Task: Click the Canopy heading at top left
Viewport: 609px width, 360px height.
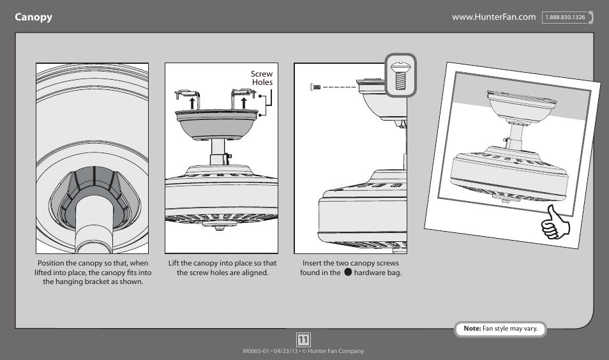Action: [x=34, y=17]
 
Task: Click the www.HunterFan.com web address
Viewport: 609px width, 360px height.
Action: [x=493, y=17]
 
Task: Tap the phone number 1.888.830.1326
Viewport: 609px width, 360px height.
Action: [x=565, y=18]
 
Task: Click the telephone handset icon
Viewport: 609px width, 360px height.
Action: [x=592, y=18]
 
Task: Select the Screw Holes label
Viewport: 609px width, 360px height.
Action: [x=262, y=78]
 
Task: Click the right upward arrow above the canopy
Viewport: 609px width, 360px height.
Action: [x=243, y=103]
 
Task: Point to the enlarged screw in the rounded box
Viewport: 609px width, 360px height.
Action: [x=400, y=75]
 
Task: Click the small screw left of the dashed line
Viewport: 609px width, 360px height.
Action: [x=314, y=86]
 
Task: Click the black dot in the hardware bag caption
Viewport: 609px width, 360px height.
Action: [x=348, y=273]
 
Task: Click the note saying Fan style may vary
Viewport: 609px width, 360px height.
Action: [x=500, y=329]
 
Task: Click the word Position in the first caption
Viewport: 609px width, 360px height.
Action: [x=53, y=263]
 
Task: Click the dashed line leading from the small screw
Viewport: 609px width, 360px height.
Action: [x=338, y=87]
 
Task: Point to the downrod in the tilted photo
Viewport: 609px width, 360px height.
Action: [x=516, y=133]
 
